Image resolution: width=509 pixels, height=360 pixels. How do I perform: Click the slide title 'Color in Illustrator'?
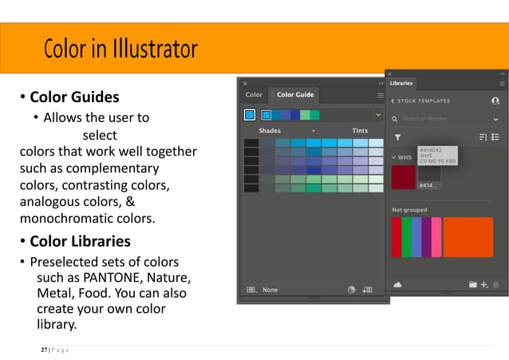[120, 49]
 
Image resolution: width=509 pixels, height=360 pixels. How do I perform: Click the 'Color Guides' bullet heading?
[74, 97]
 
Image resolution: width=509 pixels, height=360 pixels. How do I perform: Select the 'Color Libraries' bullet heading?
[80, 241]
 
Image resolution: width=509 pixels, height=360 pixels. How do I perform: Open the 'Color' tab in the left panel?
[254, 95]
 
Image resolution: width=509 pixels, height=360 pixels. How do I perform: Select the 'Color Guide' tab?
[294, 95]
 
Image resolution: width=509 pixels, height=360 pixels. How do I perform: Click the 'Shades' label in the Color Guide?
[270, 130]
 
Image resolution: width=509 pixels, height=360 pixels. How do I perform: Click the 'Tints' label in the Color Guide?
[360, 130]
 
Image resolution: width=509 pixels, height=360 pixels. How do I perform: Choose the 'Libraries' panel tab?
[401, 83]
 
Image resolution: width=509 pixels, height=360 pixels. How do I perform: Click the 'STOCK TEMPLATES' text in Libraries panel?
[424, 101]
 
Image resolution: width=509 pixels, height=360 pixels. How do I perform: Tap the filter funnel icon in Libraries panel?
[397, 137]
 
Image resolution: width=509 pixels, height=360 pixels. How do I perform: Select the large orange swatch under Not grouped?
[468, 237]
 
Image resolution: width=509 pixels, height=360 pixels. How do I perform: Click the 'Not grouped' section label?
[409, 210]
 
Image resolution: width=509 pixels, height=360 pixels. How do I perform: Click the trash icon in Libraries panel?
[496, 284]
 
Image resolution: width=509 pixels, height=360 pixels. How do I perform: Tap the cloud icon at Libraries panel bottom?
[397, 284]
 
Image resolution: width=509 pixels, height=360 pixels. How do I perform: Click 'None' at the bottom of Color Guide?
[270, 290]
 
